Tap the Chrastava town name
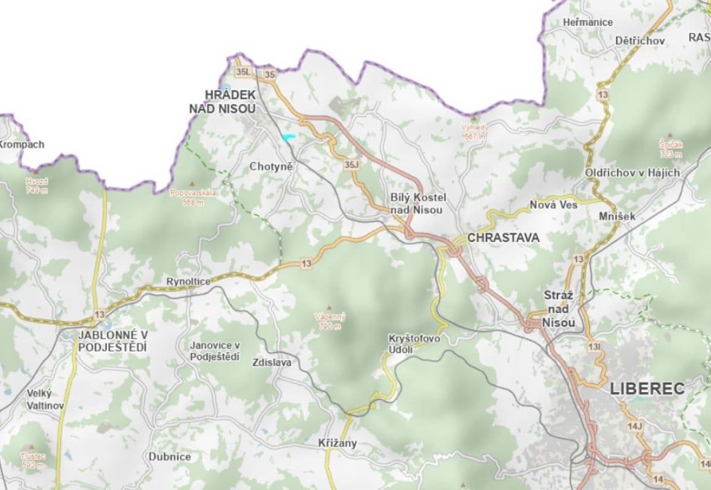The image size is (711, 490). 503,238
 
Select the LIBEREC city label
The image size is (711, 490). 647,388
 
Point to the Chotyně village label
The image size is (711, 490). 272,167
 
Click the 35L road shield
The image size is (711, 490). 243,72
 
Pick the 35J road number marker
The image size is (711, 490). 351,165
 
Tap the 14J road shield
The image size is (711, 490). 635,426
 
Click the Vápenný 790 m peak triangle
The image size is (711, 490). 330,307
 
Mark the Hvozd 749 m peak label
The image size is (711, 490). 36,186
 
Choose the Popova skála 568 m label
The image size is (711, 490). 193,197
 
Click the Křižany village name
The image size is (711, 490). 337,443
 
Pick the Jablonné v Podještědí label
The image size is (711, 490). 113,341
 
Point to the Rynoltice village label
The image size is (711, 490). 188,281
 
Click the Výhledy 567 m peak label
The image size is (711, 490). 475,132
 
